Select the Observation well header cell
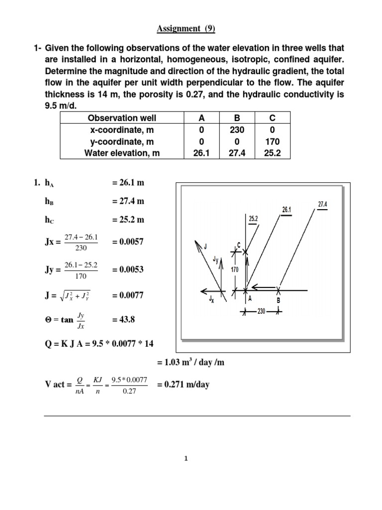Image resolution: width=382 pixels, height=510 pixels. [x=122, y=118]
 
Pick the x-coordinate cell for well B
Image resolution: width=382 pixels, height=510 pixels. [x=236, y=130]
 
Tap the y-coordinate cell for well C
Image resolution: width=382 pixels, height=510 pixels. [x=272, y=141]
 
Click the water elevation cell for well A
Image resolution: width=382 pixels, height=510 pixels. [x=201, y=153]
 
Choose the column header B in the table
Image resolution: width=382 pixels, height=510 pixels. [x=236, y=118]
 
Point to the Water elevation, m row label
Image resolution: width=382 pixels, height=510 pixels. [x=122, y=153]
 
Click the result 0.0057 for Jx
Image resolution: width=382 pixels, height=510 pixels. [x=128, y=242]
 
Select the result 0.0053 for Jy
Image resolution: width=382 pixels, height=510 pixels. [x=128, y=270]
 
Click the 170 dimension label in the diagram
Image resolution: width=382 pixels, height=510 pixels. [x=235, y=269]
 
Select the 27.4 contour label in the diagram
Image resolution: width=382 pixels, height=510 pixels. [x=322, y=204]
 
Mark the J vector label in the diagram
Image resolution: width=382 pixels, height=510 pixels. [x=204, y=245]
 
